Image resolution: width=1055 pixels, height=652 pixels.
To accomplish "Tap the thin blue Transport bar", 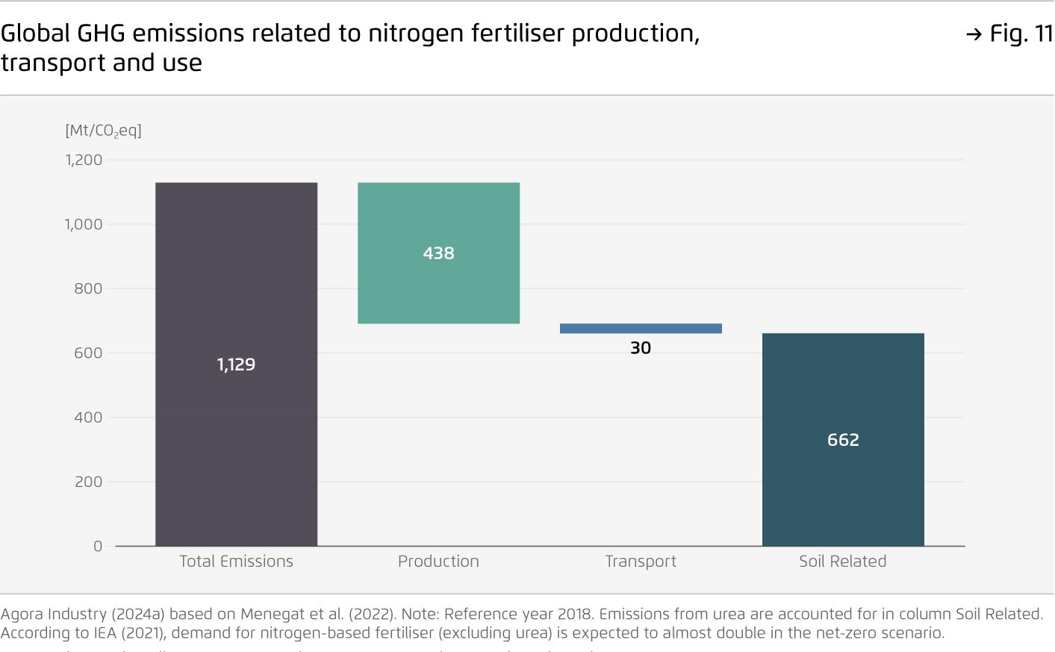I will [641, 329].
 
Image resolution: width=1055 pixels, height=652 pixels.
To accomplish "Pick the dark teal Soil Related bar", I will [843, 493].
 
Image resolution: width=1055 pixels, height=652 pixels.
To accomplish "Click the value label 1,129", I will [236, 364].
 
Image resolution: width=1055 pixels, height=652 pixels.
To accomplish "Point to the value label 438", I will [438, 253].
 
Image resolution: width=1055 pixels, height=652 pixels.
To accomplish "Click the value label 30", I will [641, 348].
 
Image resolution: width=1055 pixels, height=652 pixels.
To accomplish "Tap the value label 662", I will [843, 440].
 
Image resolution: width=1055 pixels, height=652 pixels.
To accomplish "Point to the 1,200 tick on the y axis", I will [84, 160].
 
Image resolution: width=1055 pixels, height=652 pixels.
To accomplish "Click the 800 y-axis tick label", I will [88, 288].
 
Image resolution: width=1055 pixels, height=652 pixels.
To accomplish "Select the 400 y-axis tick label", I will [88, 417].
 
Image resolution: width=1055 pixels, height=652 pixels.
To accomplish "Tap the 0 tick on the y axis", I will [98, 546].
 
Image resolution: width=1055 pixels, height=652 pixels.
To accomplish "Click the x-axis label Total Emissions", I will [236, 562].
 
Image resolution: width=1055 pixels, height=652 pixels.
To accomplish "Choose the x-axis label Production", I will [438, 562].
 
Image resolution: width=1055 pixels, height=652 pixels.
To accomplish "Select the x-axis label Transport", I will [641, 562].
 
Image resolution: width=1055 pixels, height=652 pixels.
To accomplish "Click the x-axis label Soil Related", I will [843, 562].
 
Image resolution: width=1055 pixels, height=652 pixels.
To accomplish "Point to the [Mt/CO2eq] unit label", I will [103, 131].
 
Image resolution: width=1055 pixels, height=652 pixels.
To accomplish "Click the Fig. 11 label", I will [1020, 34].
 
